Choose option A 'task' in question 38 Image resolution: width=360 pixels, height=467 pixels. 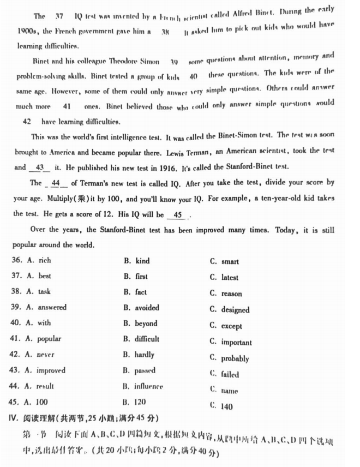click(44, 292)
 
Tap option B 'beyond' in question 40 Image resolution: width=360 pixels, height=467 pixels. click(146, 324)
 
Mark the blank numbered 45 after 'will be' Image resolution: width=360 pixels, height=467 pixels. click(179, 214)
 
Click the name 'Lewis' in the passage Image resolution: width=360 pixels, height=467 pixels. click(155, 152)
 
